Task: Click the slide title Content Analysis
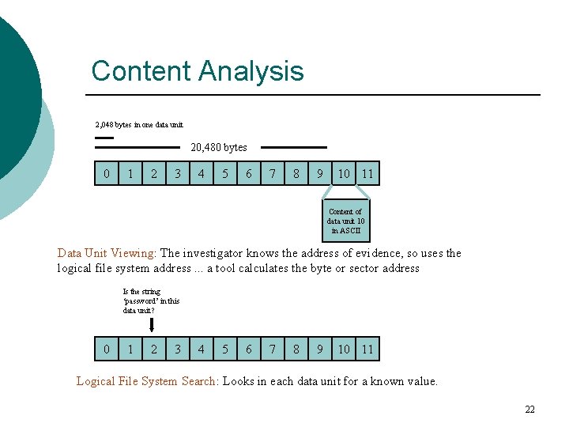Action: pyautogui.click(x=198, y=71)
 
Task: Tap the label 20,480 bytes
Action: pyautogui.click(x=219, y=147)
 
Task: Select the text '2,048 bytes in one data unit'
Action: pyautogui.click(x=139, y=124)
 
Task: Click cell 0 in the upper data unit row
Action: pyautogui.click(x=107, y=173)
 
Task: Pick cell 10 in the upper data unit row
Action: pyautogui.click(x=344, y=173)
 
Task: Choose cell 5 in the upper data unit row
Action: pyautogui.click(x=225, y=173)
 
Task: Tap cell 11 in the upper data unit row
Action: pyautogui.click(x=367, y=173)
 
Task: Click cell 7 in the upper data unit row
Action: pyautogui.click(x=273, y=173)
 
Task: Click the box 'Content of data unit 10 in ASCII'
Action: pyautogui.click(x=345, y=221)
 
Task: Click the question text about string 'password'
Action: pyautogui.click(x=151, y=301)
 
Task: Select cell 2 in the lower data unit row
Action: pyautogui.click(x=154, y=349)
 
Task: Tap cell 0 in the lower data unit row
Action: pyautogui.click(x=107, y=349)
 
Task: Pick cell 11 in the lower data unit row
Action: pyautogui.click(x=367, y=349)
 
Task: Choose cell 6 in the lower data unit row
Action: pyautogui.click(x=249, y=349)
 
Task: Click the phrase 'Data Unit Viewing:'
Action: pyautogui.click(x=107, y=254)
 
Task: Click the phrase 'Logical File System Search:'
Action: pyautogui.click(x=147, y=381)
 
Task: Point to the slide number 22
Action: pyautogui.click(x=529, y=409)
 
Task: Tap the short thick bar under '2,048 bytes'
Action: pyautogui.click(x=104, y=138)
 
